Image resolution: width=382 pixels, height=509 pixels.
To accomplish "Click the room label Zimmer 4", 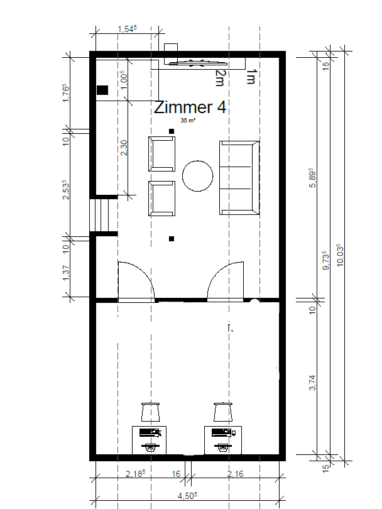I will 190,107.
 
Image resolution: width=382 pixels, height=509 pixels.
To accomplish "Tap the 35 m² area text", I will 188,119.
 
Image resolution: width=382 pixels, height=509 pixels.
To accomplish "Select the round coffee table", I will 198,175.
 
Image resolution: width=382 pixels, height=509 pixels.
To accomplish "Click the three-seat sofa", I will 239,177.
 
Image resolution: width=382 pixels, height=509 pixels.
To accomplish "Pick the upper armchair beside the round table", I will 161,153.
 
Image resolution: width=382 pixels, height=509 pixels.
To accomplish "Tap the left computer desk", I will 150,439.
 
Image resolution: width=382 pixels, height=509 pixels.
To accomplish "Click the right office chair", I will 223,412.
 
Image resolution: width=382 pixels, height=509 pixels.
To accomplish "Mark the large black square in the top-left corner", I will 102,90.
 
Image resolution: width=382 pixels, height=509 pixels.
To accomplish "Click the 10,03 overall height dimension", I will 340,255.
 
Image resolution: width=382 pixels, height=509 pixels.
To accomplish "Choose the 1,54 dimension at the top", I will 127,29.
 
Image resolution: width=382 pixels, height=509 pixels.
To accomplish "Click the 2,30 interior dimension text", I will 124,148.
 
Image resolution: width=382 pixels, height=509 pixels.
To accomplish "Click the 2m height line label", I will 219,78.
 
